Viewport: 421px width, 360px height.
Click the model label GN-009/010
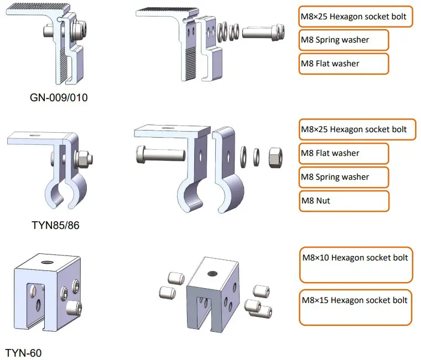point(59,98)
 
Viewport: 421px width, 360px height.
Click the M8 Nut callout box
point(343,201)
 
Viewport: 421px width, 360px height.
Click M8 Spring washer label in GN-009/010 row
point(343,40)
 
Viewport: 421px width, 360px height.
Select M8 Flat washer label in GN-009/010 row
point(343,64)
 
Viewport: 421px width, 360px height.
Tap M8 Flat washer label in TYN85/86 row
point(343,153)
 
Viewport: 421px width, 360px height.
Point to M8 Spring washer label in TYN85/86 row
point(343,177)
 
